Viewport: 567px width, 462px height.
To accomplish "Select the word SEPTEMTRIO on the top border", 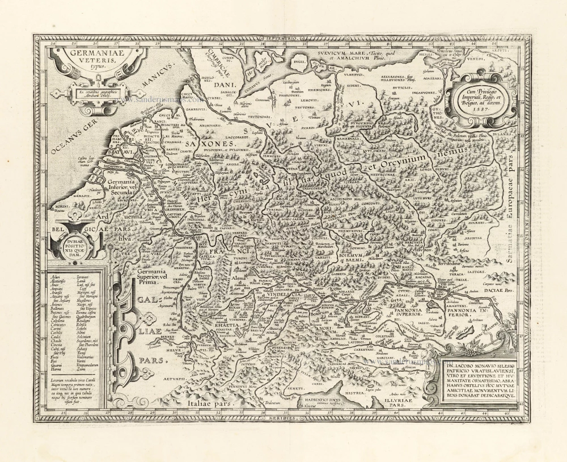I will coord(281,39).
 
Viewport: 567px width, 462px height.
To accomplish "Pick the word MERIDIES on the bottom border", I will coord(281,417).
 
